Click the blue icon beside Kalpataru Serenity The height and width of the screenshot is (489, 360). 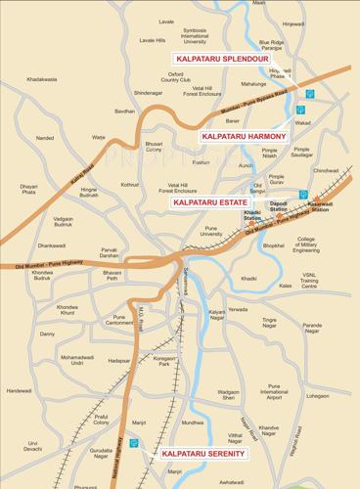[x=148, y=444]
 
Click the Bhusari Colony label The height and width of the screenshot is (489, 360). [x=155, y=147]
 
